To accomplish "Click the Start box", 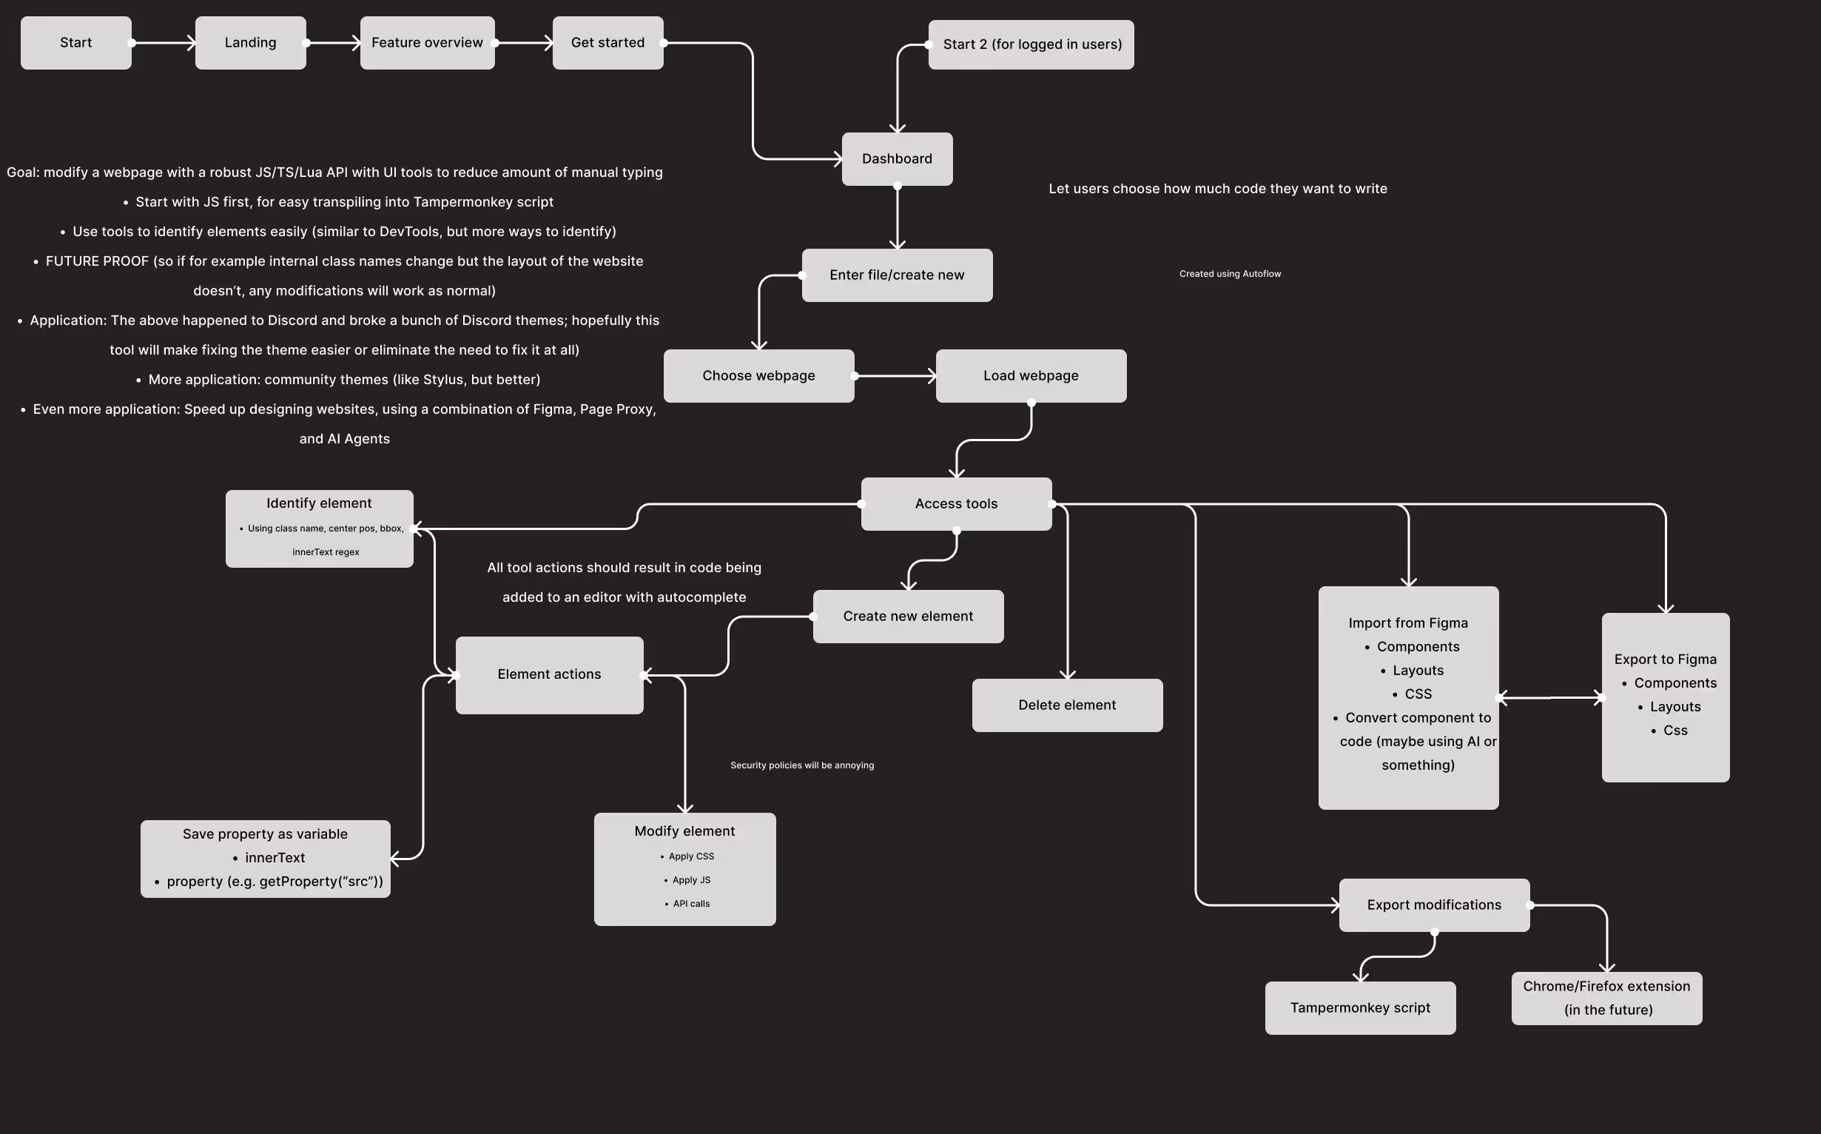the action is [75, 43].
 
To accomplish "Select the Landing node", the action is [250, 43].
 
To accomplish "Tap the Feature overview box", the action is [428, 43].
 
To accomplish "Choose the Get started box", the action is [608, 43].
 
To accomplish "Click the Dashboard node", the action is [898, 159].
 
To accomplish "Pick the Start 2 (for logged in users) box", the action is [1031, 44].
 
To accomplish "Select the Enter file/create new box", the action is [898, 275].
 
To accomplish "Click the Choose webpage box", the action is [758, 376].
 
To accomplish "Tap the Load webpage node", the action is [1031, 376].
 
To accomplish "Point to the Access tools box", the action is [957, 504].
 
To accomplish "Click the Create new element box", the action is [909, 617].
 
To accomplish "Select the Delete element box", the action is [1068, 705].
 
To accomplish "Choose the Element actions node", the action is [550, 675].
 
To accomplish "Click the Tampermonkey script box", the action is [1361, 1008].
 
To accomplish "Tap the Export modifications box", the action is [1434, 905].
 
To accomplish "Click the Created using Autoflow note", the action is [1231, 274].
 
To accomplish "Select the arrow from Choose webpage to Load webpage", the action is [895, 376].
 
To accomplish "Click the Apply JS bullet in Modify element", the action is [687, 880].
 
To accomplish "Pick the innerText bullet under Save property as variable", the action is [269, 858].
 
